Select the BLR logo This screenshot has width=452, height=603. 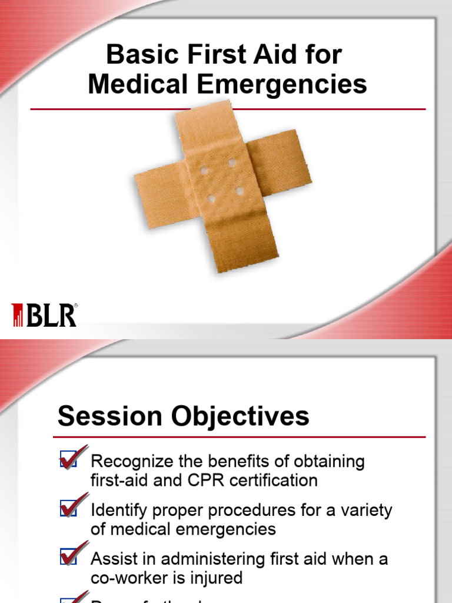[x=45, y=315]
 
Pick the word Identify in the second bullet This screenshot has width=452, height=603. [x=114, y=510]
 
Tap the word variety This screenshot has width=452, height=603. [x=365, y=510]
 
